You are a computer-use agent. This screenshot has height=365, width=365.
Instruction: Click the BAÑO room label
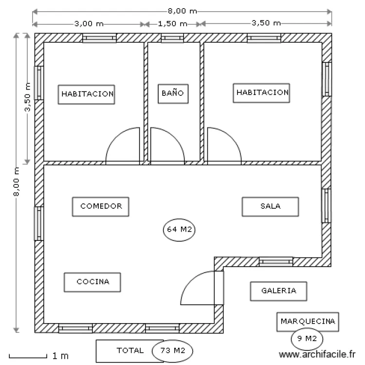(x=173, y=93)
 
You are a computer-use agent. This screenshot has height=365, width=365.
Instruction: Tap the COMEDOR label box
(x=101, y=207)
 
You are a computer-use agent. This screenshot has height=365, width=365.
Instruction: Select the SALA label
(x=270, y=207)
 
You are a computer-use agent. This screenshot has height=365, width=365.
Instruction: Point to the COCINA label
(x=92, y=282)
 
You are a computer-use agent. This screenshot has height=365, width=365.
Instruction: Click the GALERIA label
(x=279, y=291)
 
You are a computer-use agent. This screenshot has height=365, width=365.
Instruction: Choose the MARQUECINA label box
(x=308, y=322)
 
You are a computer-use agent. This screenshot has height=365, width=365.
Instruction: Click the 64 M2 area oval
(x=179, y=230)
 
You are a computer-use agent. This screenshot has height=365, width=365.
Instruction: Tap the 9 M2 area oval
(x=307, y=339)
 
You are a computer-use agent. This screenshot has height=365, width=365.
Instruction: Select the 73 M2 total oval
(x=172, y=351)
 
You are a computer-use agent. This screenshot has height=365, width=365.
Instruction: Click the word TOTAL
(x=130, y=350)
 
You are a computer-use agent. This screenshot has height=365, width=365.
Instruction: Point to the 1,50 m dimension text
(x=172, y=24)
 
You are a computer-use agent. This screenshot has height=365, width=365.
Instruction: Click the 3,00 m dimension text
(x=89, y=24)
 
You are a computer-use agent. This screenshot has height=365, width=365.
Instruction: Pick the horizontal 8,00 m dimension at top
(x=182, y=11)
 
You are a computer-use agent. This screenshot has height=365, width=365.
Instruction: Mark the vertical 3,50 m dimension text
(x=27, y=97)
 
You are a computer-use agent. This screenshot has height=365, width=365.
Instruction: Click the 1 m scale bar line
(x=28, y=357)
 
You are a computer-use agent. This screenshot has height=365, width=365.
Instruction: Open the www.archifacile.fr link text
(x=317, y=354)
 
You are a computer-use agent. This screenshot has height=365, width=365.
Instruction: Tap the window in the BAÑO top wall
(x=172, y=38)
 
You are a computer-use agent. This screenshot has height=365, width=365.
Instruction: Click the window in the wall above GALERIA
(x=276, y=262)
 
